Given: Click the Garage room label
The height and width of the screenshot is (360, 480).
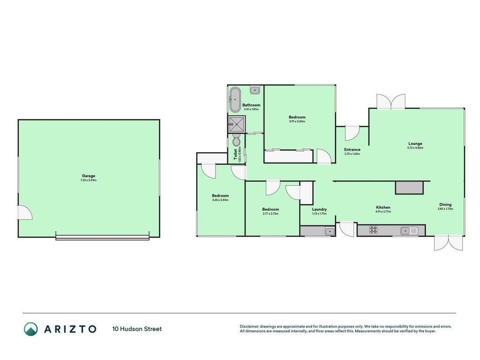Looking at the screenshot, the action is tap(89, 175).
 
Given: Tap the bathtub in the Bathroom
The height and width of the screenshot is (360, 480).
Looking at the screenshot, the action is tap(235, 100).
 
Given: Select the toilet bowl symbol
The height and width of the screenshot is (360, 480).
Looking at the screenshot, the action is tap(236, 140).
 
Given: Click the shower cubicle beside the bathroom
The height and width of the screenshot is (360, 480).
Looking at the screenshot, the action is tap(237, 124).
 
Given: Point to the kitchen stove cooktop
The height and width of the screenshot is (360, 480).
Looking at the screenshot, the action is tap(373, 230).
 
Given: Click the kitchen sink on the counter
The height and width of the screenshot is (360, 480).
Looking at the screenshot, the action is tap(409, 230).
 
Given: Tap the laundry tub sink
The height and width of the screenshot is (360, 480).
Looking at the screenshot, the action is tap(330, 231).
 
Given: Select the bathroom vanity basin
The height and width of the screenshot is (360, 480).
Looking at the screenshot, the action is tap(255, 90).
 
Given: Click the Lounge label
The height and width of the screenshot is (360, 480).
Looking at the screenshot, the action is tap(415, 143).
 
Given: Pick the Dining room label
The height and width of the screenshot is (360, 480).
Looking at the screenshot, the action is tap(445, 204).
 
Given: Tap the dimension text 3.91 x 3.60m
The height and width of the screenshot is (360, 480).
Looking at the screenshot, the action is tap(297, 121).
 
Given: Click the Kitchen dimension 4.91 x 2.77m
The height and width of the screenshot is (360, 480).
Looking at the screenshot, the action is tap(383, 211).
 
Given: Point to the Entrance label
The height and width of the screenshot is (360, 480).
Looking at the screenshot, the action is tap(352, 149).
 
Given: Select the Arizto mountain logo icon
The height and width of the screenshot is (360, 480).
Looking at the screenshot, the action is tap(31, 329).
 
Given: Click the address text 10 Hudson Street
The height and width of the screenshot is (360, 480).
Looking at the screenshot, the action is tap(137, 329).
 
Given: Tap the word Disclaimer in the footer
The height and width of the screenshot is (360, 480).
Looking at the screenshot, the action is tap(249, 326).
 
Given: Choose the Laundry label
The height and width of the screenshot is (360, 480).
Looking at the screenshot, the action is tap(319, 209).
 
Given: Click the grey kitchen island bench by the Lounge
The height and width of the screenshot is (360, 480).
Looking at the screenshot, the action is tap(409, 188).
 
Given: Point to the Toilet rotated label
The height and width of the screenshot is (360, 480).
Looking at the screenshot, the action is tap(235, 154).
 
